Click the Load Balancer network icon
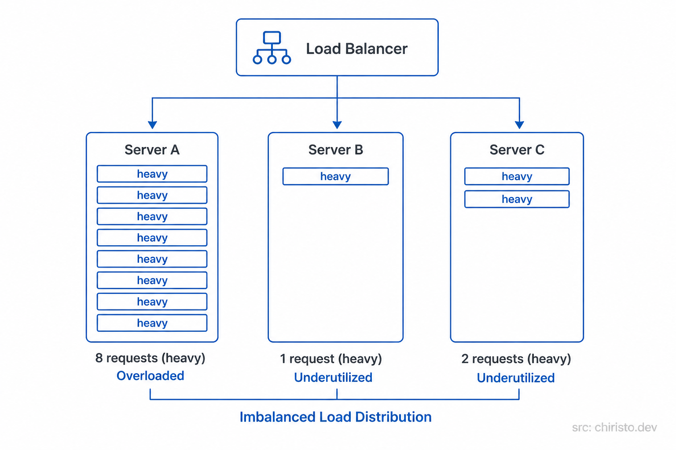point(272,48)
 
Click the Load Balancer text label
point(356,49)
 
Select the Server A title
point(152,150)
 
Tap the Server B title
point(335,150)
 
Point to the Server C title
point(517,150)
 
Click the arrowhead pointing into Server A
point(152,125)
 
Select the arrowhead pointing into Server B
point(337,125)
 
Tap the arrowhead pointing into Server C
point(519,125)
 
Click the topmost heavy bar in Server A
point(152,174)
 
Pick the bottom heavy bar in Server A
point(152,323)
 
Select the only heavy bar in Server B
point(335,176)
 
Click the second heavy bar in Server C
point(517,199)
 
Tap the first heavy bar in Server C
point(517,176)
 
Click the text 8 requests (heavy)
point(150,358)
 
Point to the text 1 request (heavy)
point(331,359)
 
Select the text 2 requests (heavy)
point(516,359)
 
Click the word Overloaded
point(150,376)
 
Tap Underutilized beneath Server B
point(333,377)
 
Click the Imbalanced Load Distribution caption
point(335,417)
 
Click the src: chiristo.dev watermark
point(614,428)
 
